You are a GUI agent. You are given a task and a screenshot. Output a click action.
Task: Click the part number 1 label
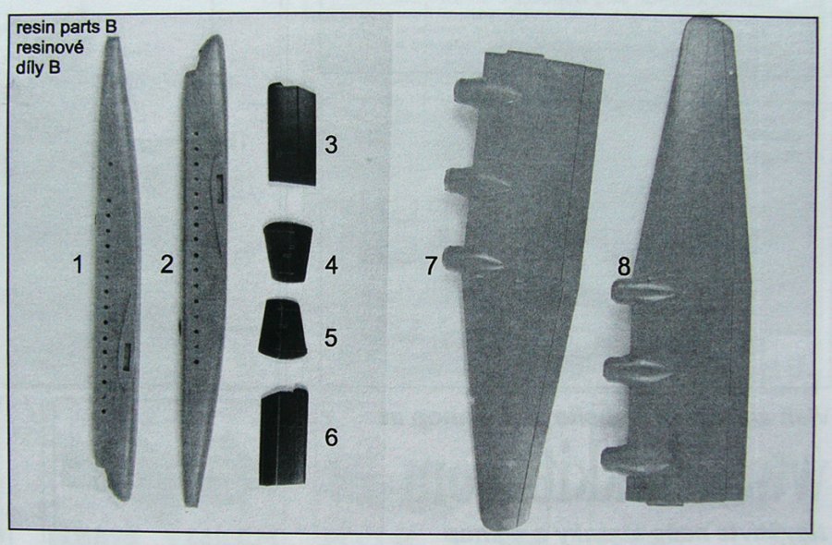(x=78, y=264)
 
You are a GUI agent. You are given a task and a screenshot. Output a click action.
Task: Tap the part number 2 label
(x=166, y=264)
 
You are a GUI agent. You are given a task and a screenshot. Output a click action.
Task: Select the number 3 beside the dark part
(x=331, y=145)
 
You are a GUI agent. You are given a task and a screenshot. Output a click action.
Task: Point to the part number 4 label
(x=332, y=264)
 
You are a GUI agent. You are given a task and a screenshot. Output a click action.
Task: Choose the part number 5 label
(x=331, y=338)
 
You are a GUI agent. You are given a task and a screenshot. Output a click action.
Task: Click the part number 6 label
(x=331, y=437)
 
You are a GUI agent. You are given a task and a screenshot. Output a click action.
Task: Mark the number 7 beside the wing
(x=431, y=266)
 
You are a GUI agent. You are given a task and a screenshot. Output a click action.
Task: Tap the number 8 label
(x=624, y=266)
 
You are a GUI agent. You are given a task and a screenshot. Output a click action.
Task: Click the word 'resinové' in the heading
(x=50, y=48)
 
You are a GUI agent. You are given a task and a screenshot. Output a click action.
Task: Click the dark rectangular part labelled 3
(x=292, y=134)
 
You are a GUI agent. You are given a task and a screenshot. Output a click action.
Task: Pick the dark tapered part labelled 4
(x=288, y=252)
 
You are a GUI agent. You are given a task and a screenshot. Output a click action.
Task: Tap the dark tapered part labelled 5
(x=283, y=329)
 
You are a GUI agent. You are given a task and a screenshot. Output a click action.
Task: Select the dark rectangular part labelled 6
(x=284, y=437)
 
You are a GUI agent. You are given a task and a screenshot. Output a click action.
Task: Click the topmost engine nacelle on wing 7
(x=486, y=92)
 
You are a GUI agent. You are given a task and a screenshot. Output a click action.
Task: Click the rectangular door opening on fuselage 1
(x=127, y=357)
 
